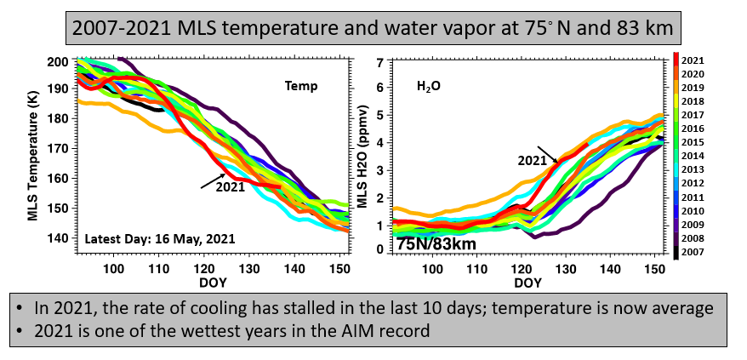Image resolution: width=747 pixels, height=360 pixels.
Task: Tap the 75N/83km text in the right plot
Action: (436, 243)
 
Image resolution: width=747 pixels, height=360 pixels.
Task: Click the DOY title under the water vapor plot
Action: (527, 283)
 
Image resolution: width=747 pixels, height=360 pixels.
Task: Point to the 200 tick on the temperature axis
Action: (58, 62)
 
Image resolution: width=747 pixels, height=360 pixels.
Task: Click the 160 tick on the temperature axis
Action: (58, 180)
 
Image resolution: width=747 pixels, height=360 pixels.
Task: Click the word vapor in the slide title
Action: (476, 27)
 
